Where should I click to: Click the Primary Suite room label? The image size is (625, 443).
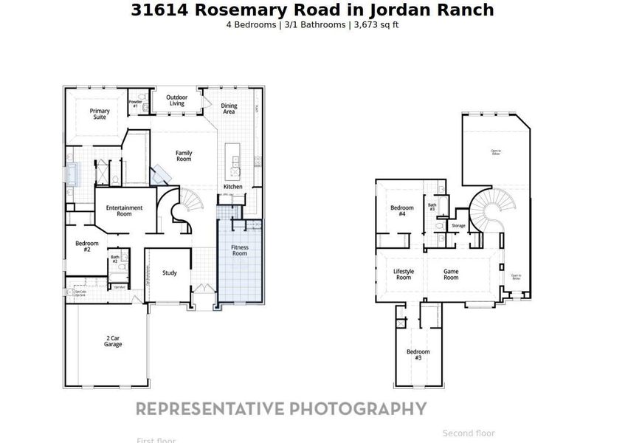click(x=100, y=114)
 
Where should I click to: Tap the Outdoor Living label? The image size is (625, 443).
click(x=176, y=100)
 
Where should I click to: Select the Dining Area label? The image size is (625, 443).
click(x=229, y=109)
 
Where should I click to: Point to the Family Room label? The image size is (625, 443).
click(x=184, y=156)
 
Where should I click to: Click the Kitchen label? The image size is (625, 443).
click(x=232, y=187)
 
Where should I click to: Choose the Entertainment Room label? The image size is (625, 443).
click(x=124, y=210)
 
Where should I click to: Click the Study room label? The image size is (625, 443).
click(x=170, y=273)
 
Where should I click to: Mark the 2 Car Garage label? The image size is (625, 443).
click(x=113, y=341)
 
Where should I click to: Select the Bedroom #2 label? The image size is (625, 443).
click(x=83, y=247)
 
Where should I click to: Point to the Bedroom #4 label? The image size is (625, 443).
click(x=401, y=210)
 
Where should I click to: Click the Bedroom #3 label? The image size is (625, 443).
click(x=418, y=354)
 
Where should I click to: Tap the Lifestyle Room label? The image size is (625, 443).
click(x=404, y=274)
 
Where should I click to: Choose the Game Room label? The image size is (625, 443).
click(x=450, y=274)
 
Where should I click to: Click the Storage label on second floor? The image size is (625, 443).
click(x=458, y=225)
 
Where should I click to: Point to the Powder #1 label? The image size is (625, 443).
click(x=135, y=104)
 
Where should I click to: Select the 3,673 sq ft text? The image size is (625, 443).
click(x=376, y=24)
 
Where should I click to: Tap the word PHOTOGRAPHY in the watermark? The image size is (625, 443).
click(x=358, y=409)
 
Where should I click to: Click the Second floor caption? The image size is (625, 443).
click(x=469, y=433)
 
